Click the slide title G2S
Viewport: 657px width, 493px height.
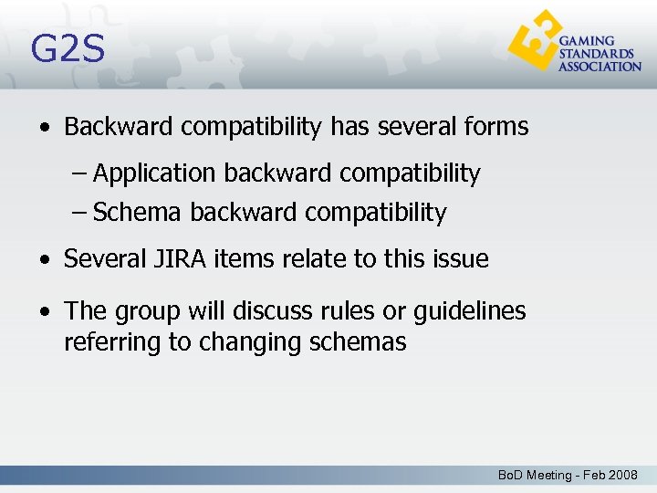pyautogui.click(x=68, y=49)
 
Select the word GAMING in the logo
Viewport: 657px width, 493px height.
pyautogui.click(x=586, y=41)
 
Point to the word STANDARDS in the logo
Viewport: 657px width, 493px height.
pyautogui.click(x=596, y=54)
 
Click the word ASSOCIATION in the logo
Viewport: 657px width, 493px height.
pyautogui.click(x=600, y=67)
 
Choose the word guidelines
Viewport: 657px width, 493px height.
pyautogui.click(x=469, y=311)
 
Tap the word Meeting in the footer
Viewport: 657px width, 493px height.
pyautogui.click(x=547, y=476)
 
